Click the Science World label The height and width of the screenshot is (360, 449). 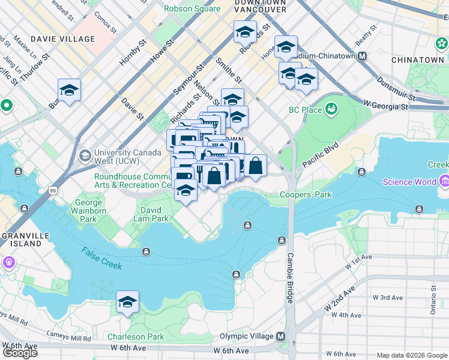406,182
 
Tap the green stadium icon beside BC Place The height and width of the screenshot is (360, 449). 331,109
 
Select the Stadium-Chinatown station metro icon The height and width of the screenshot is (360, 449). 362,56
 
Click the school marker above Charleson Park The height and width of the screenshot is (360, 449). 127,303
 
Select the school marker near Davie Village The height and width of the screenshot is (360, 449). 70,91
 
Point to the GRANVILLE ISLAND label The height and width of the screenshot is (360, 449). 21,239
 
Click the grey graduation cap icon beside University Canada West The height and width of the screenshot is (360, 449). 85,157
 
